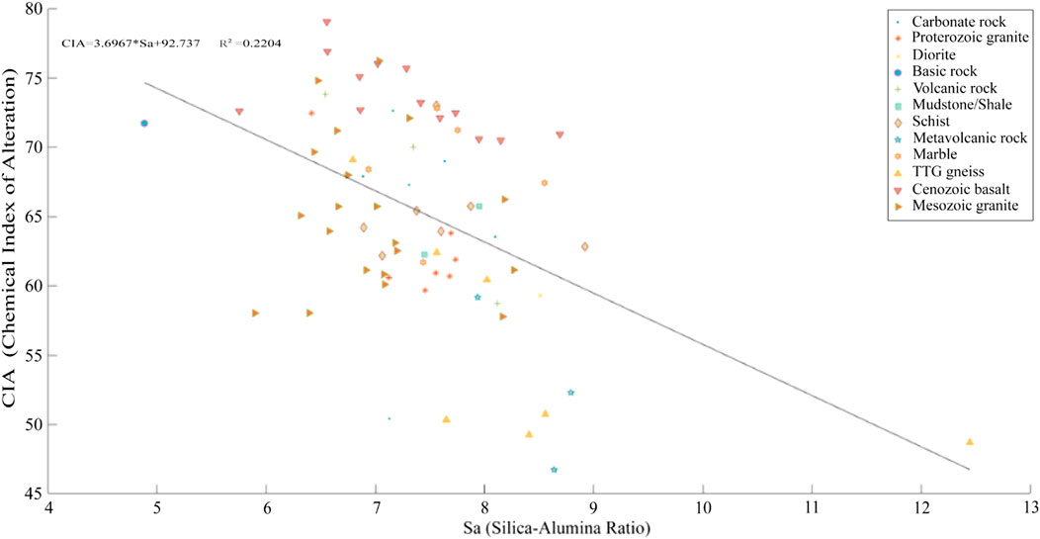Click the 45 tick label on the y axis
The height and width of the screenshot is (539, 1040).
[32, 494]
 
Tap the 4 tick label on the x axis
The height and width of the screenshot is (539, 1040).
[48, 511]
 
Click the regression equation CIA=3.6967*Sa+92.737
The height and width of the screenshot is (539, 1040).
[136, 45]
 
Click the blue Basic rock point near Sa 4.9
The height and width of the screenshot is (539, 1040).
[144, 123]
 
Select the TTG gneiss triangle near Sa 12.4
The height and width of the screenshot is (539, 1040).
[970, 442]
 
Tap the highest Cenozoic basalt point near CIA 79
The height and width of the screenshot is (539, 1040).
[327, 23]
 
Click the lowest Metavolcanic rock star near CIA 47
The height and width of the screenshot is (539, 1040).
[554, 470]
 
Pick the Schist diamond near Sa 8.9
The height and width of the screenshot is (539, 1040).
[584, 246]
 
